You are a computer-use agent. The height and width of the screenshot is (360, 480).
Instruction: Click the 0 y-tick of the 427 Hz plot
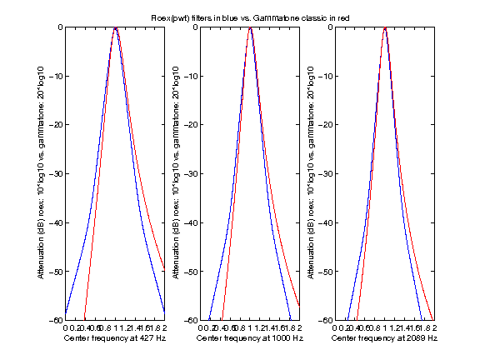point(59,27)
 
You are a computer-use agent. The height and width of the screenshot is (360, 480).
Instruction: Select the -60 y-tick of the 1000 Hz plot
point(190,320)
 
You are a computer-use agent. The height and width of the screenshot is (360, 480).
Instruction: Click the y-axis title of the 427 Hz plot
point(41,173)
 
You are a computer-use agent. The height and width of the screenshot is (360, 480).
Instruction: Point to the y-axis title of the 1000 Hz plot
point(176,173)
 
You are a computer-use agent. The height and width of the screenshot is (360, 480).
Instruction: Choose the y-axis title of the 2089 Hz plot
point(311,173)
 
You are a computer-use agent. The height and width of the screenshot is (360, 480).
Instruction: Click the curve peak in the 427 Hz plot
point(116,28)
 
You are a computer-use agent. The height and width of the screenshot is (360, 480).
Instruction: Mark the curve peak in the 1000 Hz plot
point(250,28)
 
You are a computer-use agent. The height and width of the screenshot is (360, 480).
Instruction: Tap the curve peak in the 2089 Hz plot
point(385,28)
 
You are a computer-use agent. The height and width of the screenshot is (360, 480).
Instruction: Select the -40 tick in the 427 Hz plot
point(55,222)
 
